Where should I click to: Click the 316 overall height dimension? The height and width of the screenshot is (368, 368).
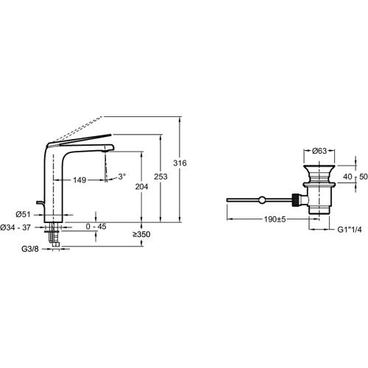180,163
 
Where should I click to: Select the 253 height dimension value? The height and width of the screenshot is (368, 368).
160,177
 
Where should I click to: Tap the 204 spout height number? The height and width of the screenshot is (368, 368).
141,187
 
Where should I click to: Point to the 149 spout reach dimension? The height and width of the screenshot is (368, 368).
79,180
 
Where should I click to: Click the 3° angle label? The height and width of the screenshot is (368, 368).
122,177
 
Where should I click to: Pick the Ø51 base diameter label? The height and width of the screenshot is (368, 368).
23,214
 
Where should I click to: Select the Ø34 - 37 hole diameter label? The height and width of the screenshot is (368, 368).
15,227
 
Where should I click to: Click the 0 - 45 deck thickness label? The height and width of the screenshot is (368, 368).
96,227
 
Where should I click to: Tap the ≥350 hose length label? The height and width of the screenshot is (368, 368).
141,234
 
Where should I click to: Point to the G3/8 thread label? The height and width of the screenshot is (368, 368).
30,249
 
